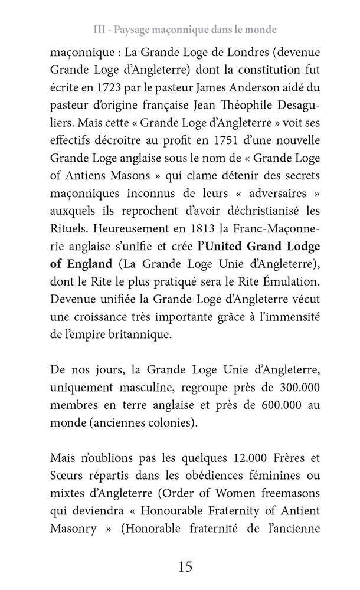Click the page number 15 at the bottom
(x=185, y=568)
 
